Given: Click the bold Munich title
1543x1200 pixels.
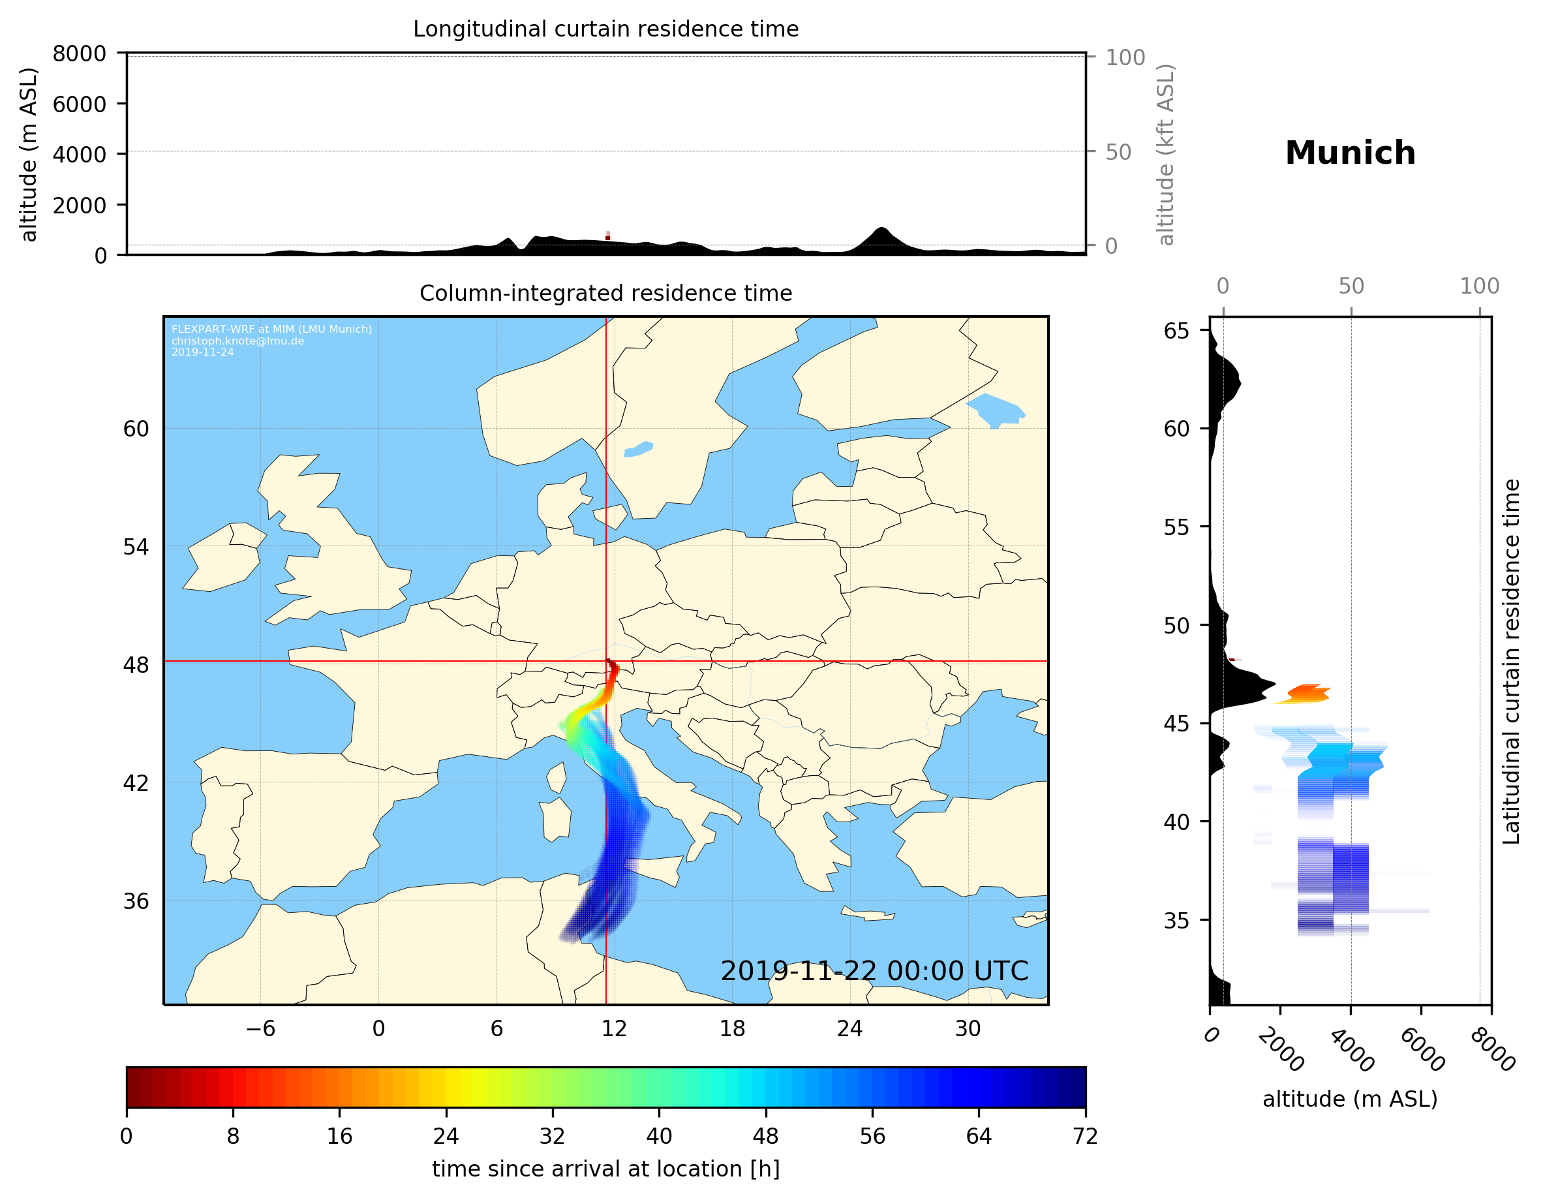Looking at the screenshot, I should [x=1350, y=153].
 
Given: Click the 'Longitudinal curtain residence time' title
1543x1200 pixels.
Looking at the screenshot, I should [x=605, y=29].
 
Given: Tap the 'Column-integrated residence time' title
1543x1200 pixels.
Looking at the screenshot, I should [x=605, y=293].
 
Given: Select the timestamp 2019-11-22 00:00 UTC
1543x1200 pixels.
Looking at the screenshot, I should [x=874, y=971].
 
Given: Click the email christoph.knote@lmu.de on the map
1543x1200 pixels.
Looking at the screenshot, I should [x=237, y=341].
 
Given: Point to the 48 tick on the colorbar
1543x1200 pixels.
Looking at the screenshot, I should [x=766, y=1135].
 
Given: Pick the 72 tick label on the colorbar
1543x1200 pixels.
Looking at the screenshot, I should [x=1085, y=1135].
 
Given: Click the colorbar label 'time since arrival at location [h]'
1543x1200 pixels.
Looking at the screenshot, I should [x=605, y=1169].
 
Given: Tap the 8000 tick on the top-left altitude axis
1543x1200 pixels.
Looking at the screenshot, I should [x=79, y=54].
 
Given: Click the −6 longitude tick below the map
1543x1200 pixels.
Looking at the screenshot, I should [x=260, y=1028].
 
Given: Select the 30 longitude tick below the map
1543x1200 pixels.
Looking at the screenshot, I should [x=968, y=1028].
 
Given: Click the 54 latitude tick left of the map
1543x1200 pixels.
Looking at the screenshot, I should [x=136, y=546].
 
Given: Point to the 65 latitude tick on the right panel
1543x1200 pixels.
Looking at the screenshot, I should [x=1176, y=331].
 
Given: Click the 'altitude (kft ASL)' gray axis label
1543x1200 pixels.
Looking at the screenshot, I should [x=1166, y=155].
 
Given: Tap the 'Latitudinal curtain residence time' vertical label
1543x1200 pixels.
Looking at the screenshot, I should [x=1510, y=661].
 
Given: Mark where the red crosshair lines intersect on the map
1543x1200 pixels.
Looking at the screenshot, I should [x=606, y=662].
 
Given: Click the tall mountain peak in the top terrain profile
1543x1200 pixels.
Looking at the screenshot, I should [x=881, y=230].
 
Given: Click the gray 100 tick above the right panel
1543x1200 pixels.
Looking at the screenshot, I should [x=1480, y=286].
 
